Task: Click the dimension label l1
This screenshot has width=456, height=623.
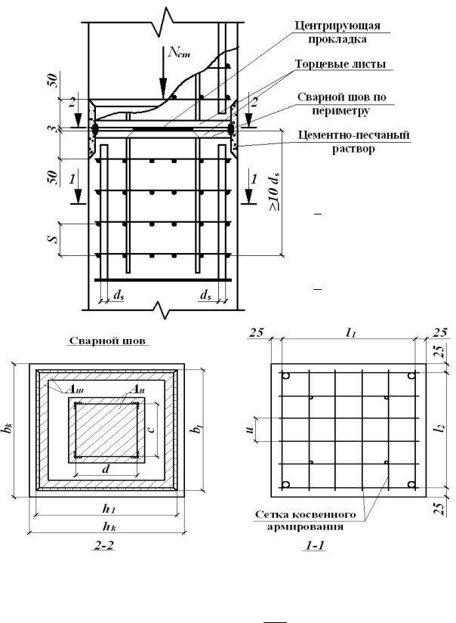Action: point(348,333)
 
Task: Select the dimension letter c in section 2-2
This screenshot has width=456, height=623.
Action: point(151,430)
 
